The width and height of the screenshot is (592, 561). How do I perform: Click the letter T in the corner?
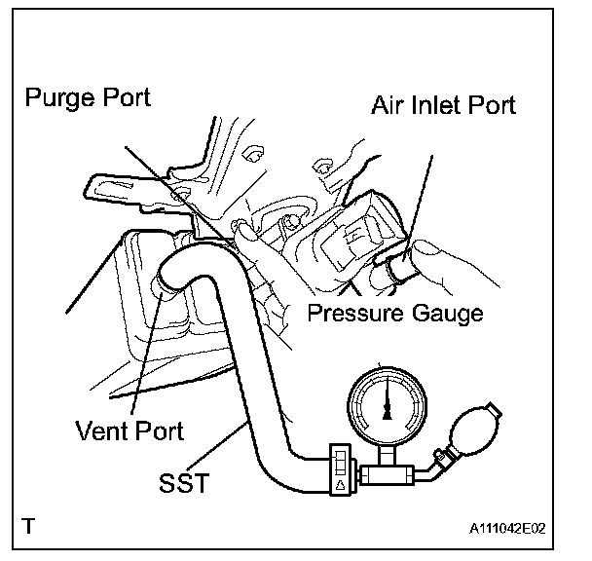(30, 527)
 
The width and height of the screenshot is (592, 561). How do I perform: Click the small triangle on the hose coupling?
(340, 483)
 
